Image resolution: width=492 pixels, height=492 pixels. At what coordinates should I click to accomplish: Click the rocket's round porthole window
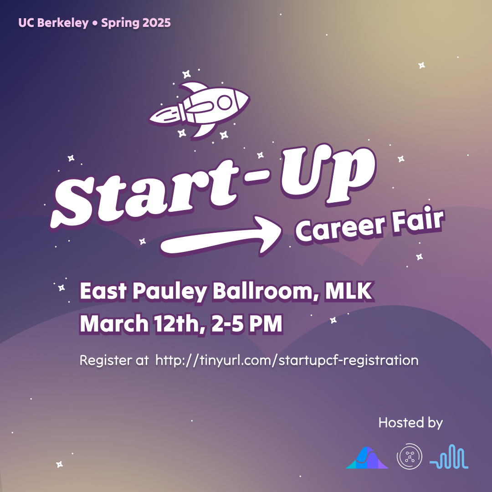225,103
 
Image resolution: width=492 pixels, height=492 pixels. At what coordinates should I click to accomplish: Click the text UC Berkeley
53,22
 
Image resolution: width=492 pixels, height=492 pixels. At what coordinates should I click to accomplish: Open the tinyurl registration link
287,360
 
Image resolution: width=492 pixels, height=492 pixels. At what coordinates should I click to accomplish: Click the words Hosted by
410,422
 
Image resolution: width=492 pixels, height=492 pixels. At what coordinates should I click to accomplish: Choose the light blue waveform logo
449,457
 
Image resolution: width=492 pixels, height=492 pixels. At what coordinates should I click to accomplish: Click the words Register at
114,360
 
